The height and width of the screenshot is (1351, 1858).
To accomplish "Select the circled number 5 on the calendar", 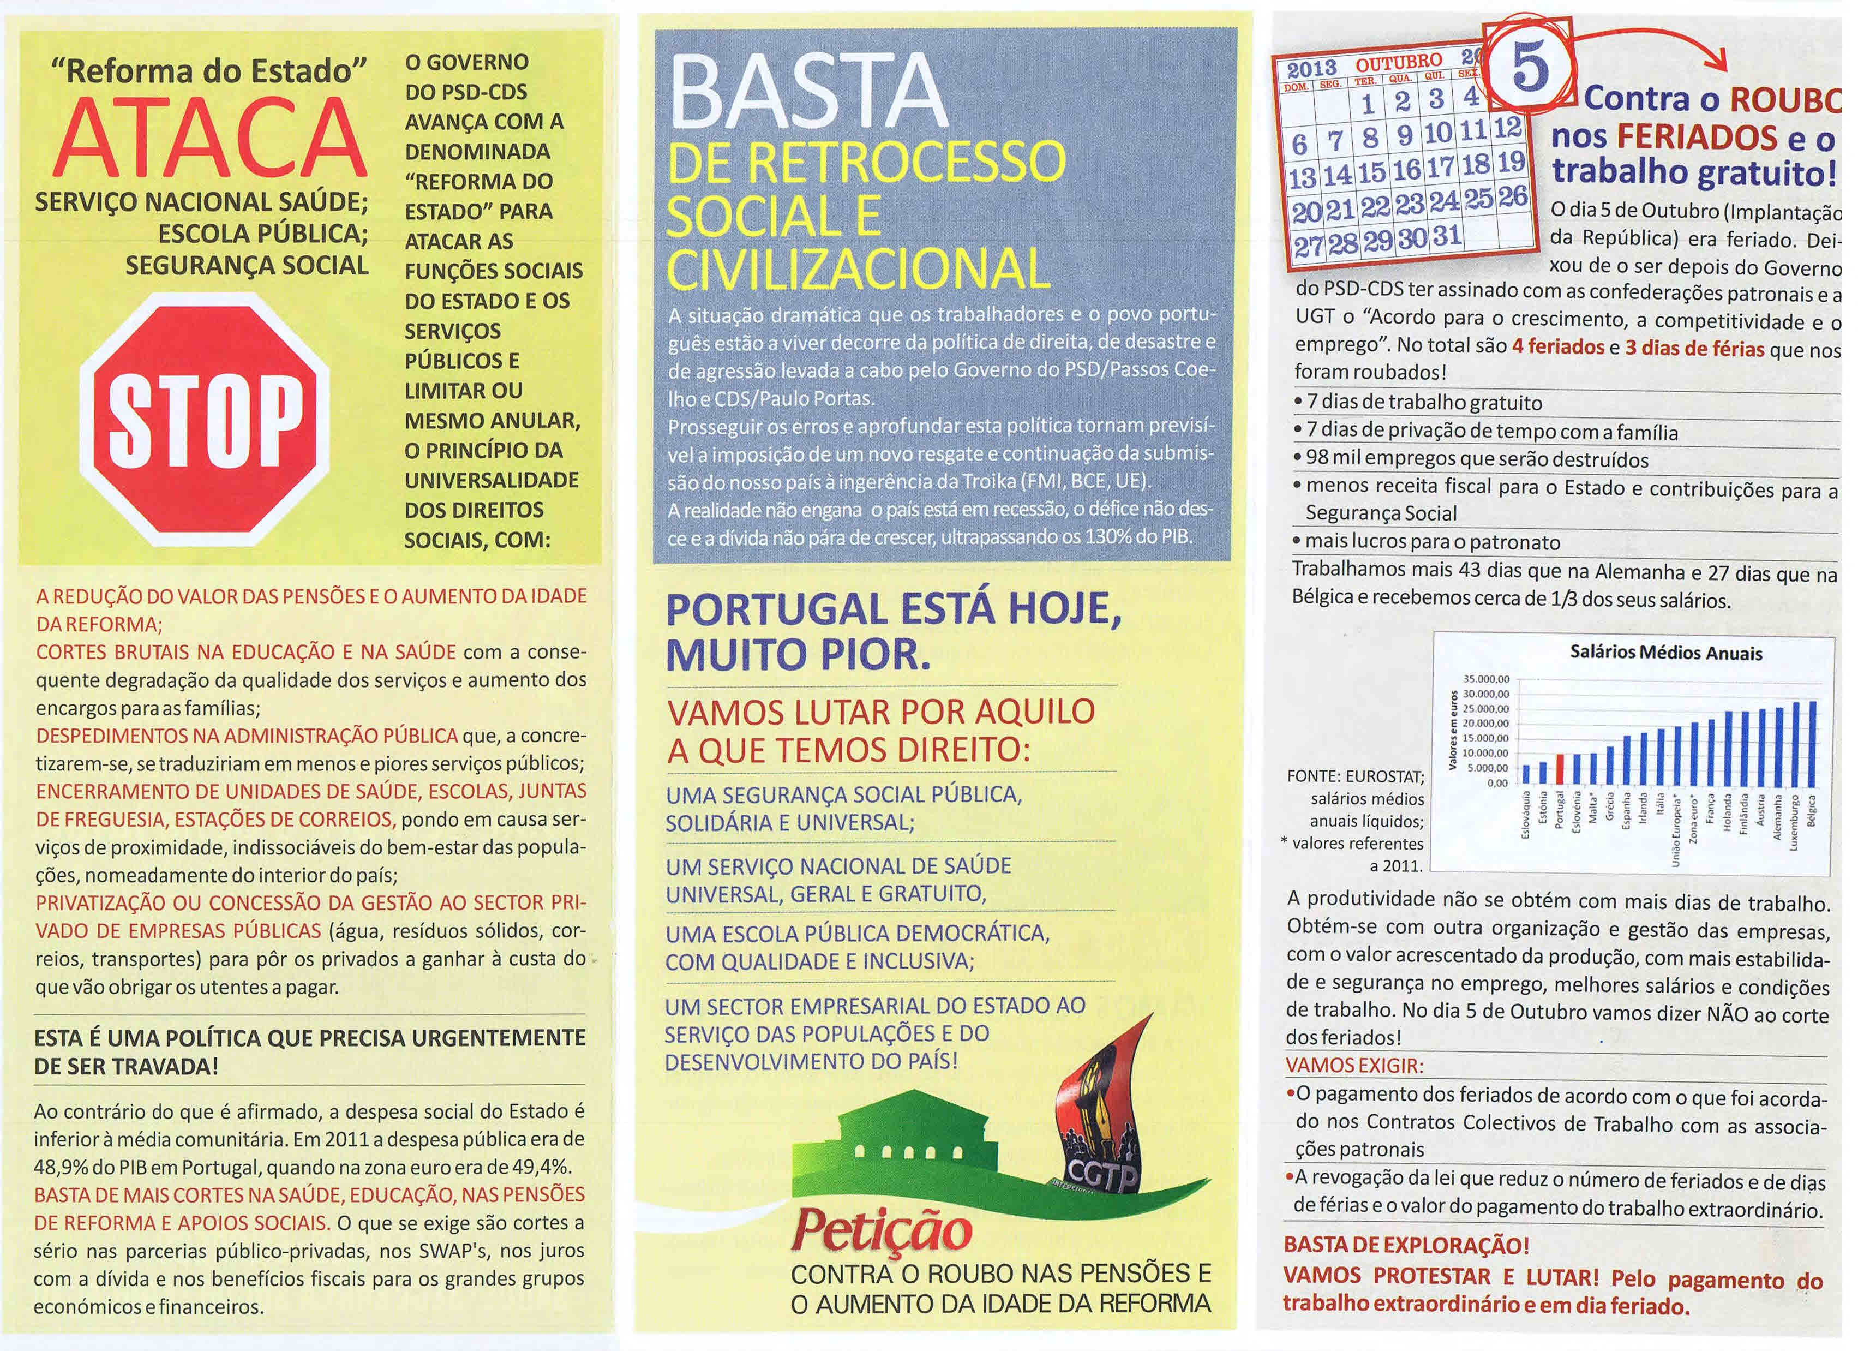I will click(1530, 69).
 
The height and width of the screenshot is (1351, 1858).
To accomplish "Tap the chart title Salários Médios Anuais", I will click(1665, 653).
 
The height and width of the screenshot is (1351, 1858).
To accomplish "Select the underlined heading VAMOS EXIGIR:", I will click(1354, 1066).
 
